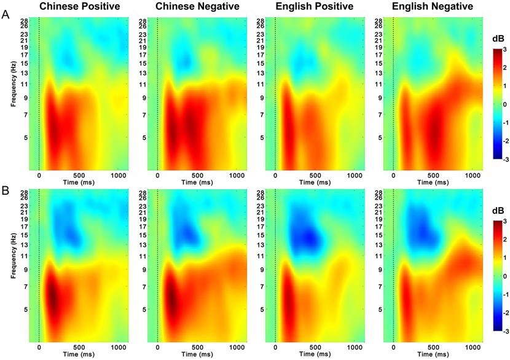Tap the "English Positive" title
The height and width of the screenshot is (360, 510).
(x=315, y=7)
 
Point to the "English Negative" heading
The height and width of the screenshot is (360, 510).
(x=433, y=7)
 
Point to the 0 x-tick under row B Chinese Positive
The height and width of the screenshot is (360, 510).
(x=39, y=348)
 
